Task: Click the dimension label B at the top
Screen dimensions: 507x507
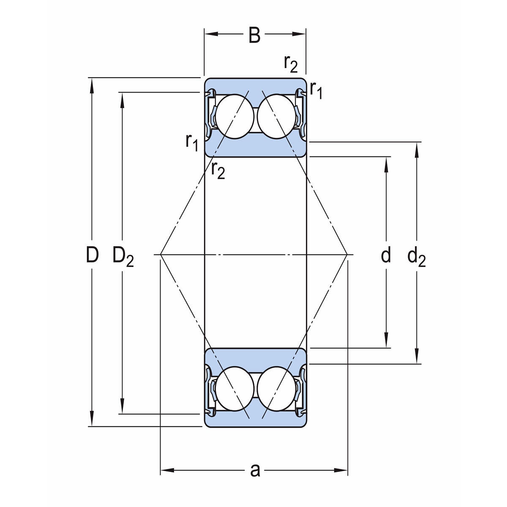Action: pyautogui.click(x=254, y=36)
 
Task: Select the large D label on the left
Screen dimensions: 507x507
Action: pyautogui.click(x=92, y=255)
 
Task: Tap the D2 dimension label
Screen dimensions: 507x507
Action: pyautogui.click(x=123, y=256)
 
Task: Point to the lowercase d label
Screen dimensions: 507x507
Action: pyautogui.click(x=386, y=255)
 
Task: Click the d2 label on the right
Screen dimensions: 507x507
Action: pyautogui.click(x=416, y=257)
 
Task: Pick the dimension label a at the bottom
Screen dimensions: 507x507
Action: pyautogui.click(x=255, y=470)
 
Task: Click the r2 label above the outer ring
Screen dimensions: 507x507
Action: pyautogui.click(x=291, y=63)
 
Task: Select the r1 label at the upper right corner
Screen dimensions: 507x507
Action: pyautogui.click(x=316, y=90)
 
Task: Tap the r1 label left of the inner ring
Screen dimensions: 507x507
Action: pyautogui.click(x=191, y=142)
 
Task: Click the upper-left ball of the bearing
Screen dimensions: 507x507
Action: pyautogui.click(x=232, y=117)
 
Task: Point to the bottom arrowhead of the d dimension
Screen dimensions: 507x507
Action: pyautogui.click(x=386, y=342)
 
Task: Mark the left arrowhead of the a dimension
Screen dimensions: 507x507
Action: pyautogui.click(x=166, y=470)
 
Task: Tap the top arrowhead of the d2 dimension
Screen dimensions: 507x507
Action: pyautogui.click(x=417, y=148)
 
